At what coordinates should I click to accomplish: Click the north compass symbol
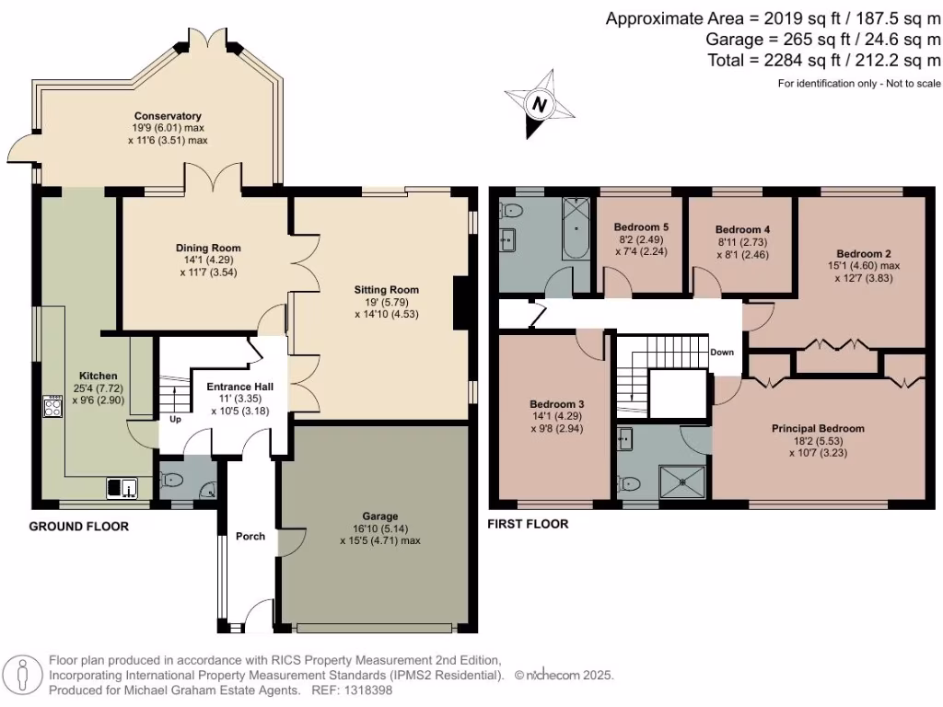(540, 106)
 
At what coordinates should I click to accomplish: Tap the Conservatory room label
(168, 115)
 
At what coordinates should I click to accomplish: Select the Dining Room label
(208, 248)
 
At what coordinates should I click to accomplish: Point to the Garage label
(379, 516)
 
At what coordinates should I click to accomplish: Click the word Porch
(250, 536)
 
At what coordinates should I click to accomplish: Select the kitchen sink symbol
(122, 487)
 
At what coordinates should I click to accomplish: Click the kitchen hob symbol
(52, 406)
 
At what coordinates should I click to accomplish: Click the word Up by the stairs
(173, 419)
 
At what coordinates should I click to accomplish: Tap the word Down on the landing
(722, 353)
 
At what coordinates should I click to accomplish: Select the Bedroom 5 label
(641, 227)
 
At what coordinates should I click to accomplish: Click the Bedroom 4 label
(741, 229)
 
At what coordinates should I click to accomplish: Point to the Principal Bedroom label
(818, 429)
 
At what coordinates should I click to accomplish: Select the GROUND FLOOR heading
(79, 527)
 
